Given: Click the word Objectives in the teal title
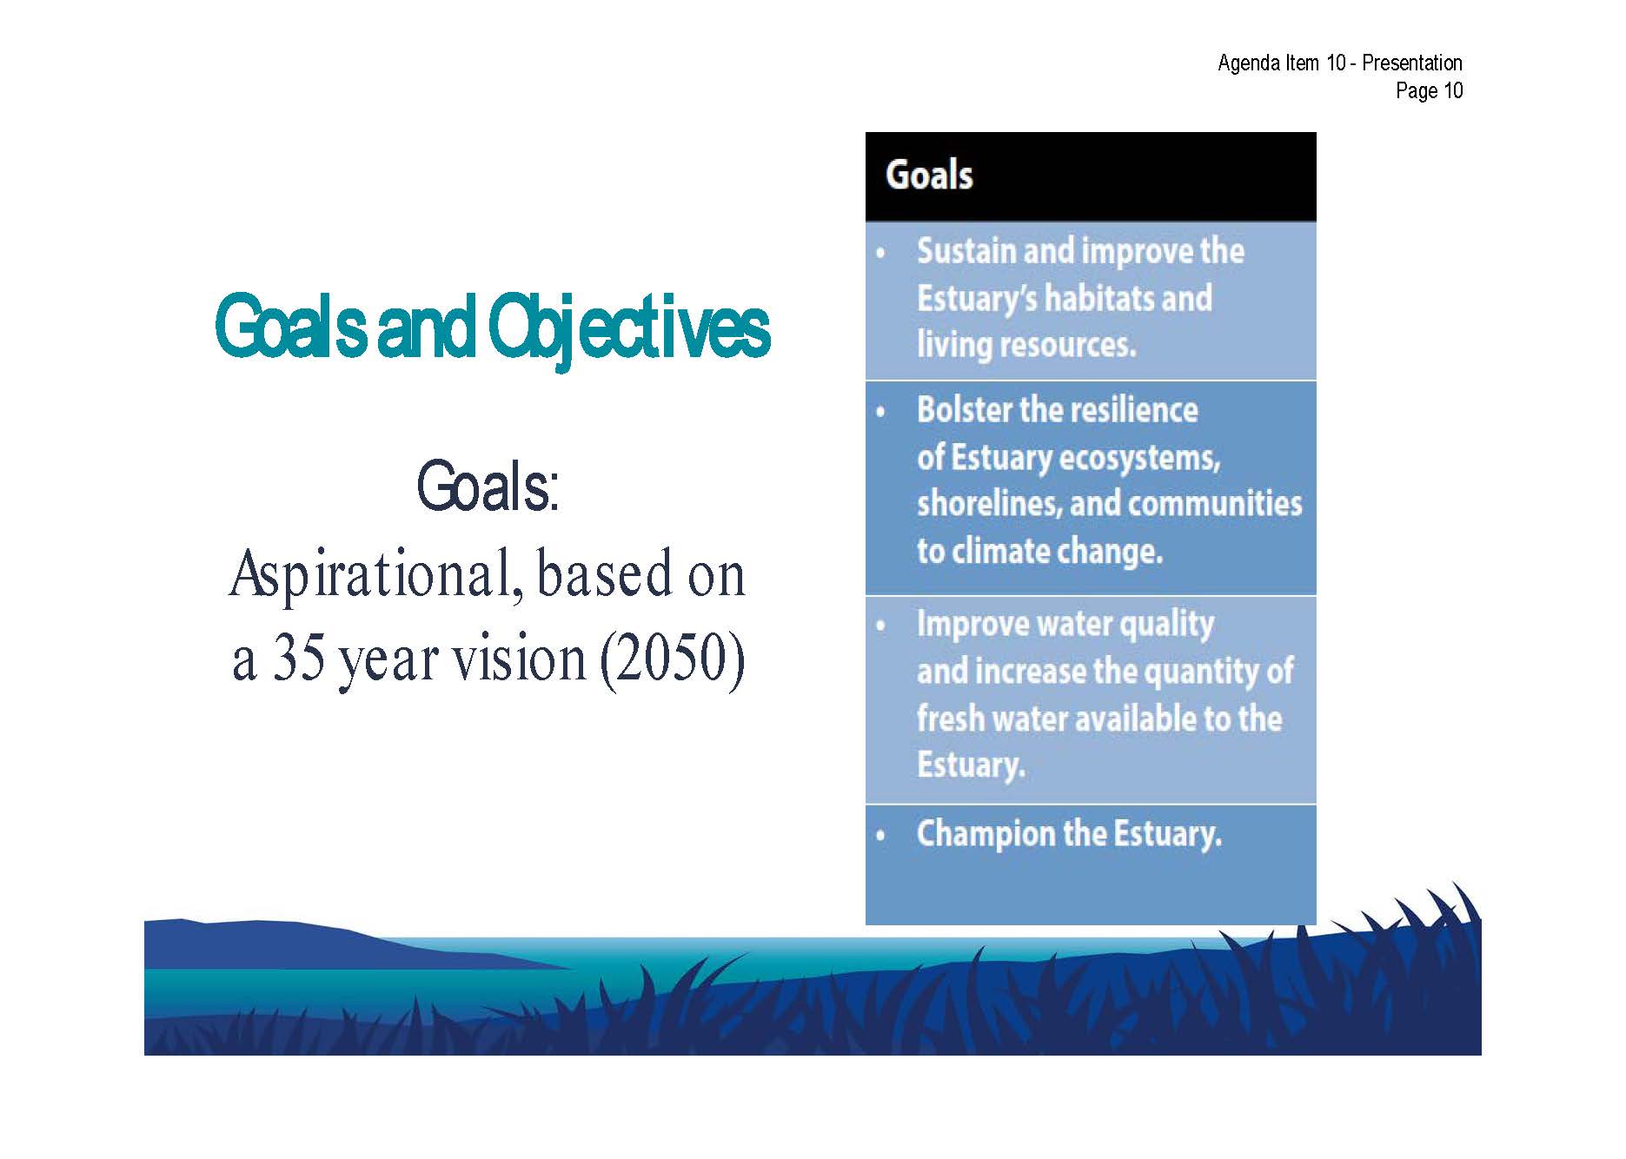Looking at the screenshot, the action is pyautogui.click(x=629, y=330).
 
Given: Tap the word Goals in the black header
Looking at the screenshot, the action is pyautogui.click(x=929, y=175).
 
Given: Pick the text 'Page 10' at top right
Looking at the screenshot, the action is pyautogui.click(x=1429, y=90).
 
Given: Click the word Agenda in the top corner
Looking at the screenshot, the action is pyautogui.click(x=1248, y=63).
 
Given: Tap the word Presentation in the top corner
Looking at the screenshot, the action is pyautogui.click(x=1412, y=63).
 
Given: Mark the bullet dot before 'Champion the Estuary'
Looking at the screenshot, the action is pyautogui.click(x=881, y=836).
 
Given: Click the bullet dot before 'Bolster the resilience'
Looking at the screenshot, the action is pyautogui.click(x=881, y=412).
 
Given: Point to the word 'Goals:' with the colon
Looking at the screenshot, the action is pyautogui.click(x=488, y=487).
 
